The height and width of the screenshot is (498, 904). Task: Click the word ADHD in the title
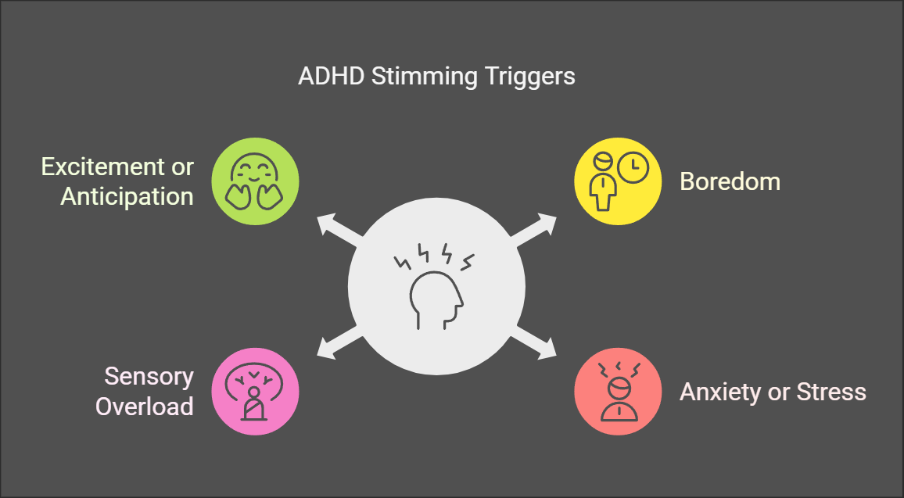[x=331, y=77]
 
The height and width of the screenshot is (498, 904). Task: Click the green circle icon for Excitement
[x=256, y=181]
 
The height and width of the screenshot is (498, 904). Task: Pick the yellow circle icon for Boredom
[x=618, y=181]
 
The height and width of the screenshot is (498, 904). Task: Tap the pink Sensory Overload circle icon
[x=256, y=392]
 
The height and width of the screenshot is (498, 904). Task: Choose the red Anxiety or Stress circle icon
[x=618, y=392]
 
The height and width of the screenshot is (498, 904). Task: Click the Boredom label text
[x=730, y=181]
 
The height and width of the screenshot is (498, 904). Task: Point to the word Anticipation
[x=127, y=197]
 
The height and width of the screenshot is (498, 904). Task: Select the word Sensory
[x=149, y=377]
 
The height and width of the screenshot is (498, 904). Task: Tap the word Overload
[x=144, y=407]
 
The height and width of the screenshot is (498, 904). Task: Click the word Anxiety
[x=720, y=392]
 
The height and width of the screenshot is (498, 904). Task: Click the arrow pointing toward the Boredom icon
[x=533, y=229]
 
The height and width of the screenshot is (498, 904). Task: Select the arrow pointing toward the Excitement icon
[x=340, y=229]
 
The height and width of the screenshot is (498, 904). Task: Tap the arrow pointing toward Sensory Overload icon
[x=340, y=343]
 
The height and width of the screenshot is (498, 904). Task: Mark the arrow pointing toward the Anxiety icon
[x=533, y=343]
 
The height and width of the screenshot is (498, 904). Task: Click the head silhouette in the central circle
[x=436, y=299]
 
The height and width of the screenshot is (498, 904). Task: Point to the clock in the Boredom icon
[x=633, y=168]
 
